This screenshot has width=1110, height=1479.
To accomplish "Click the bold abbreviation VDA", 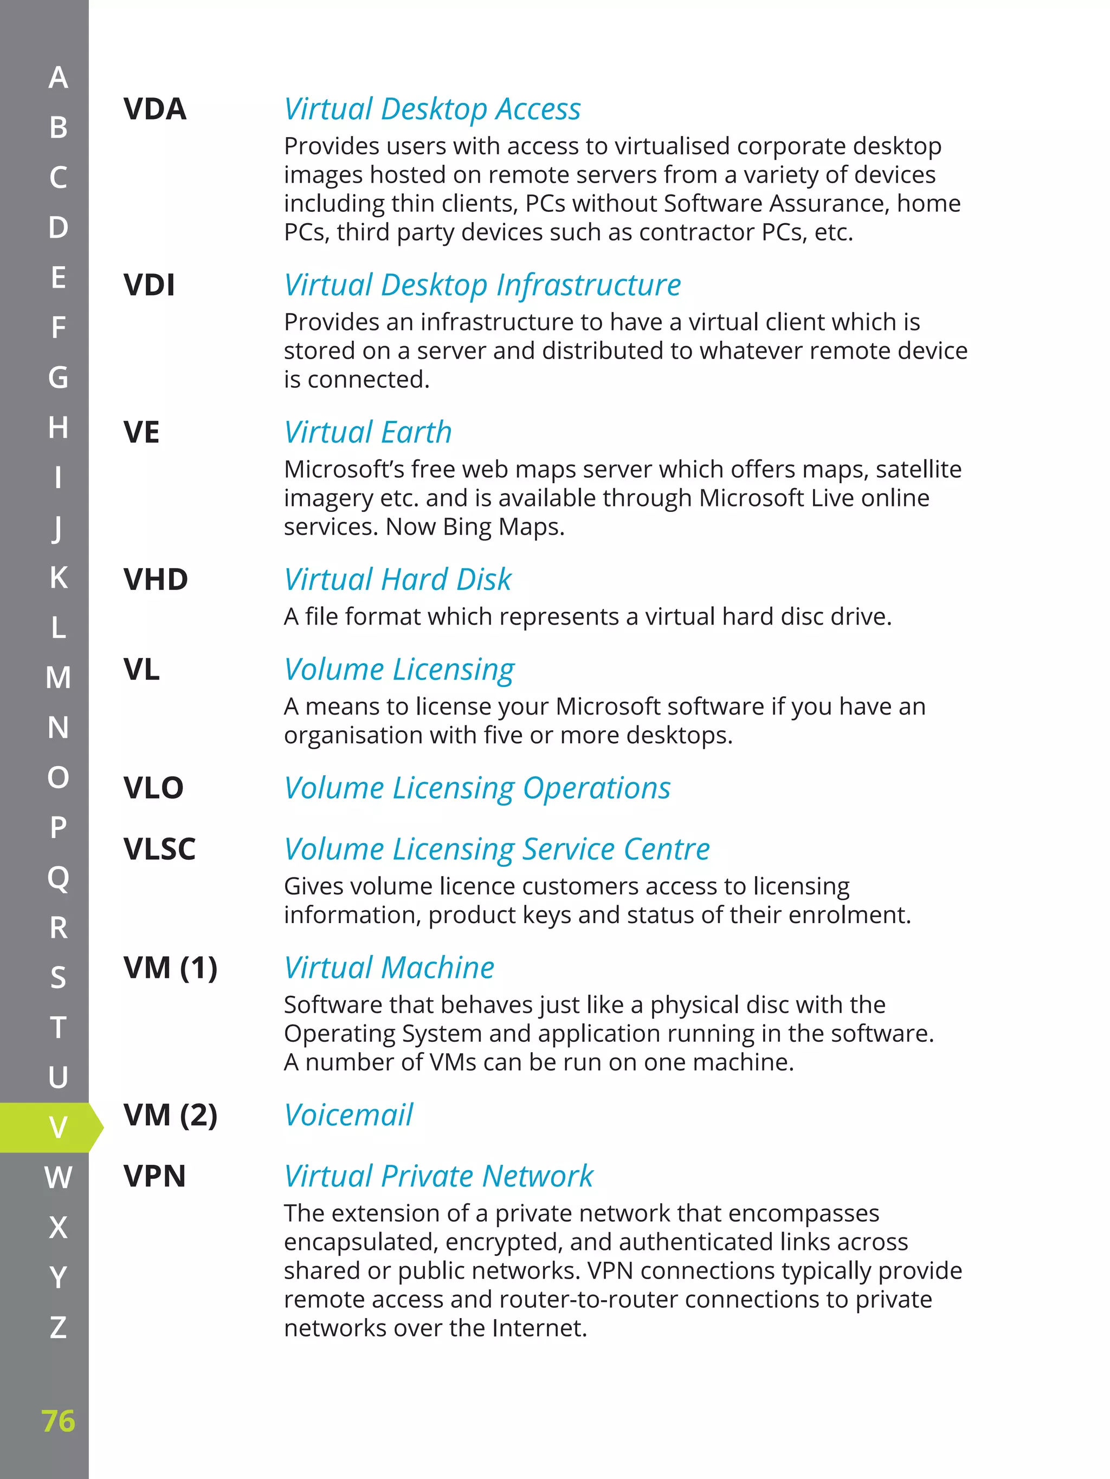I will tap(154, 109).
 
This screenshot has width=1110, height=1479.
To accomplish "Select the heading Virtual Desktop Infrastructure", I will tap(482, 285).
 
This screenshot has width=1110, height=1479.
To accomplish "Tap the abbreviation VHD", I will tap(155, 579).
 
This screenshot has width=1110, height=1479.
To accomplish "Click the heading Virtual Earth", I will tap(367, 432).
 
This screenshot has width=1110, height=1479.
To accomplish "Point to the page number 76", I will tap(58, 1421).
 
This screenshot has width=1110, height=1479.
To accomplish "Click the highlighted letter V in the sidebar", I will tap(58, 1127).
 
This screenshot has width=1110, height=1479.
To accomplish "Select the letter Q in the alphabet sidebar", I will tap(58, 878).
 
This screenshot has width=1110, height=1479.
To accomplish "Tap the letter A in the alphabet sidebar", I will tap(58, 77).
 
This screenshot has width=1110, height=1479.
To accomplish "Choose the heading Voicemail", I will tap(348, 1114).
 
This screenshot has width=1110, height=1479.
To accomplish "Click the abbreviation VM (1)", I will tap(170, 968).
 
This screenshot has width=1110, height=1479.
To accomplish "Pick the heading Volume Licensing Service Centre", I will tap(496, 849).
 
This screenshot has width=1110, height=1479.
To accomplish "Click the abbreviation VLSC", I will tap(159, 849).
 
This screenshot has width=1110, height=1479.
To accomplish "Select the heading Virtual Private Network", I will tap(438, 1176).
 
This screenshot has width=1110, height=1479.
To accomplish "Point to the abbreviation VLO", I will tap(153, 788).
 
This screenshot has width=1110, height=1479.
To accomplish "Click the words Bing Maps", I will tap(503, 527).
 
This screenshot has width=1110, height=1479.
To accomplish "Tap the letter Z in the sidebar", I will tap(58, 1327).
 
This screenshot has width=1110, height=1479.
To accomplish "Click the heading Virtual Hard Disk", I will tap(397, 579).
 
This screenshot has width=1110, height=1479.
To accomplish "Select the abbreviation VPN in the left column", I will tap(154, 1176).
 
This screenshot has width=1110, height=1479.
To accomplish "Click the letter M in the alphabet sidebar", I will tap(58, 677).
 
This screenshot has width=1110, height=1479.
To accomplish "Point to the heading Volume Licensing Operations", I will tap(477, 788).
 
